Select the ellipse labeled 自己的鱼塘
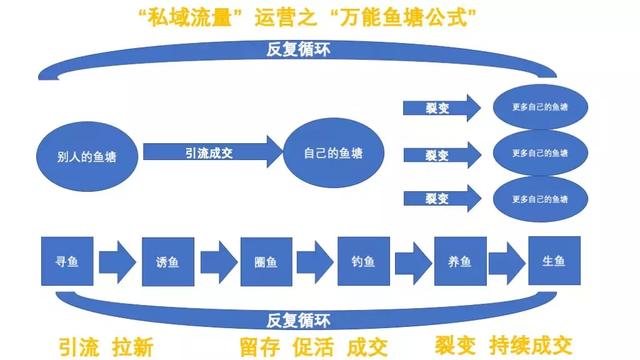tap(333, 154)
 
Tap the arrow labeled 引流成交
tap(210, 153)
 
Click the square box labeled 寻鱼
tap(65, 264)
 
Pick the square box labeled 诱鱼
tap(167, 264)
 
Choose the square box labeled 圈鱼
tap(266, 264)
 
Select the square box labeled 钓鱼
tap(362, 264)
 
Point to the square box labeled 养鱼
tap(460, 264)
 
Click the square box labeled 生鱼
tap(554, 264)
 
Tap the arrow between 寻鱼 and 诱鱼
tap(116, 265)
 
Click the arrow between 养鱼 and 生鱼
tap(507, 265)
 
